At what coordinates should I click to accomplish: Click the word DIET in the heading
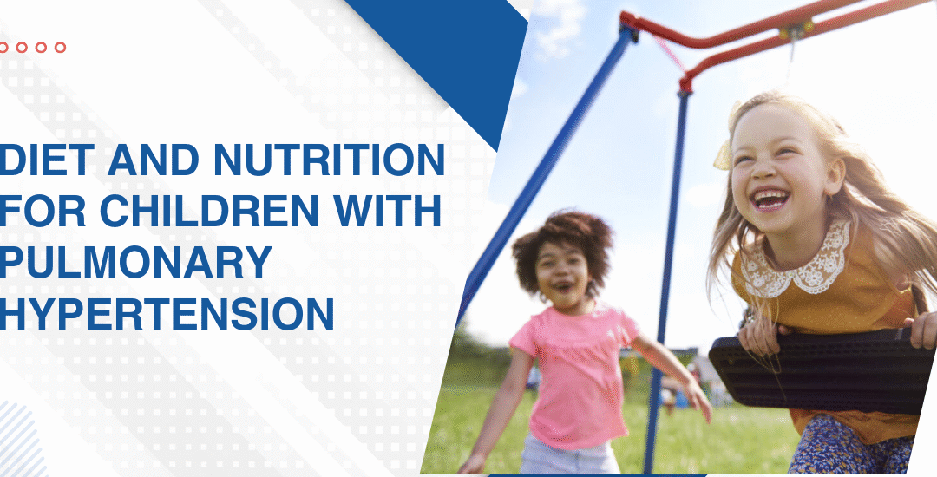point(47,160)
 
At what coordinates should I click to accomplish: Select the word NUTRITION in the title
point(329,160)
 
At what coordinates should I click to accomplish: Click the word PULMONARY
point(135,262)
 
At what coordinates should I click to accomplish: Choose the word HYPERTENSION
point(167,313)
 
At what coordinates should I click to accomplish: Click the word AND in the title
point(154,160)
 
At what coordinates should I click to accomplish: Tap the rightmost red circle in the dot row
point(61,47)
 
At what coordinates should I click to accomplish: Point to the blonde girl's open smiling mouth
point(770,200)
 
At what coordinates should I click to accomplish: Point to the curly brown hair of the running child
point(561,238)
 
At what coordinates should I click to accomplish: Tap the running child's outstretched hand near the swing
point(698,400)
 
